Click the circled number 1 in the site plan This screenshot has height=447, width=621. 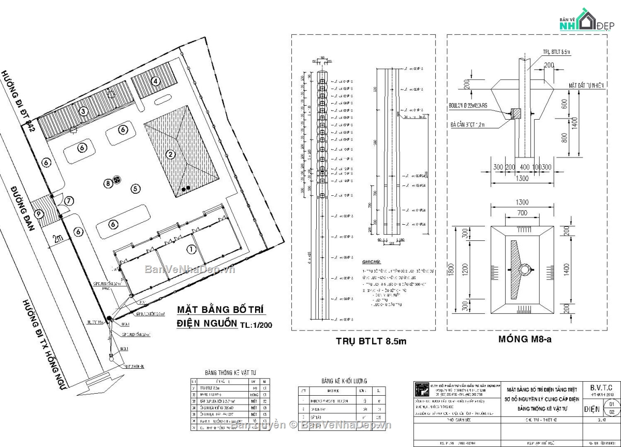tap(191, 250)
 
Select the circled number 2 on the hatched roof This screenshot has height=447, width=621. tap(170, 154)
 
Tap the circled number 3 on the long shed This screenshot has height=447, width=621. tap(82, 110)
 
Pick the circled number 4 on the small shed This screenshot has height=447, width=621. tap(155, 81)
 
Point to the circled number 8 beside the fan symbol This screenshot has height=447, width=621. tap(108, 182)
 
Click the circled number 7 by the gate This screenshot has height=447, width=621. tap(69, 200)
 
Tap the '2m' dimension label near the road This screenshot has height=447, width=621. tap(58, 238)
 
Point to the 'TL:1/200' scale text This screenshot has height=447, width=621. tap(256, 325)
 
